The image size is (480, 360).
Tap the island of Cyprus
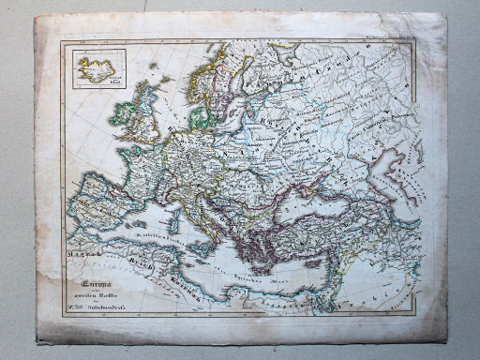click(x=313, y=258)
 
